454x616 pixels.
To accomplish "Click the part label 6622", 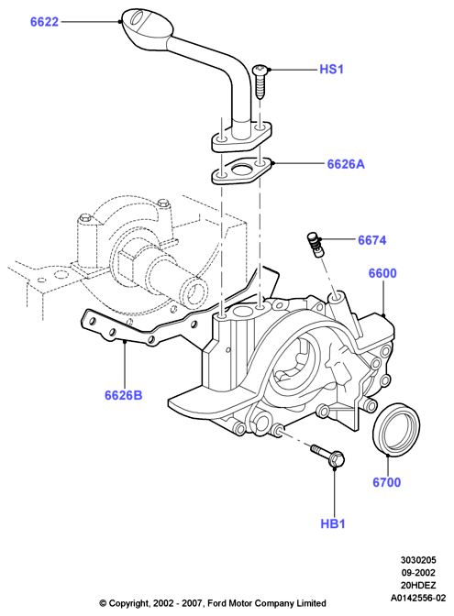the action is tap(44, 22).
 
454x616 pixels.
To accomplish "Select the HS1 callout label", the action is tap(332, 70).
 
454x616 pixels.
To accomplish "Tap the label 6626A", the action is tap(346, 164).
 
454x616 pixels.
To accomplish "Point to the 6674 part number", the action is tap(371, 240).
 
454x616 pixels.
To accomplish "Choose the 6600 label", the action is tap(382, 273).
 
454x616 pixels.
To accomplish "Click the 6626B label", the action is tap(124, 395).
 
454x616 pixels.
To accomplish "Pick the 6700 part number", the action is tap(387, 482).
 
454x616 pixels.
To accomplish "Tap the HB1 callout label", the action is tap(333, 523).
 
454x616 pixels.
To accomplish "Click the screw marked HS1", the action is tap(260, 82).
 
